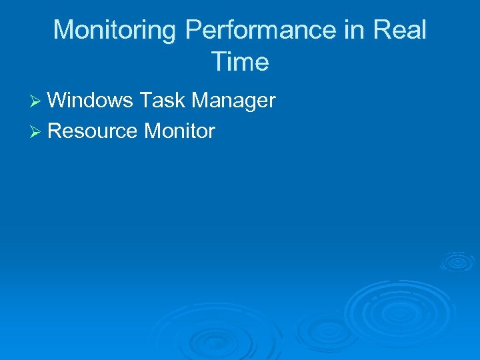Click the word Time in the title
[240, 62]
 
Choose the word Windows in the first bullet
[91, 101]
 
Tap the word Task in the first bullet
[162, 101]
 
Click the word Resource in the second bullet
[93, 131]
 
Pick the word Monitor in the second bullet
[179, 131]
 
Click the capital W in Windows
[58, 101]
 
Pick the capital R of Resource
[55, 131]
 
